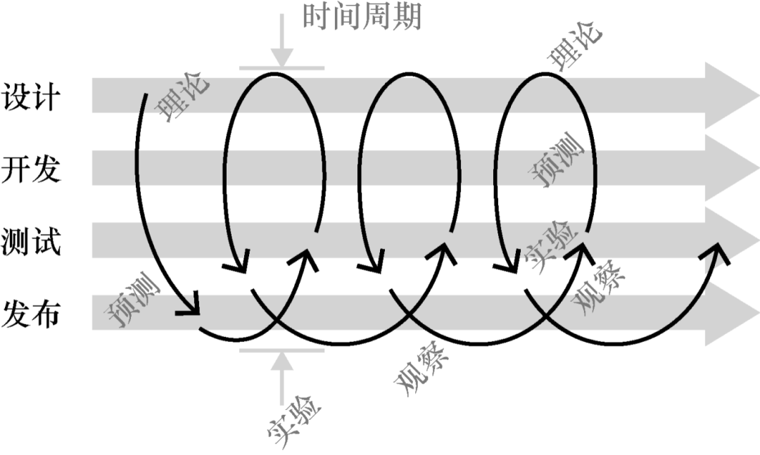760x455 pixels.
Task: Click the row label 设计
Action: (x=32, y=96)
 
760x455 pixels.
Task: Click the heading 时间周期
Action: (x=362, y=15)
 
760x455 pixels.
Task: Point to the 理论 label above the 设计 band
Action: (x=577, y=46)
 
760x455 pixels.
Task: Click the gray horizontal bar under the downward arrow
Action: (x=281, y=69)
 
